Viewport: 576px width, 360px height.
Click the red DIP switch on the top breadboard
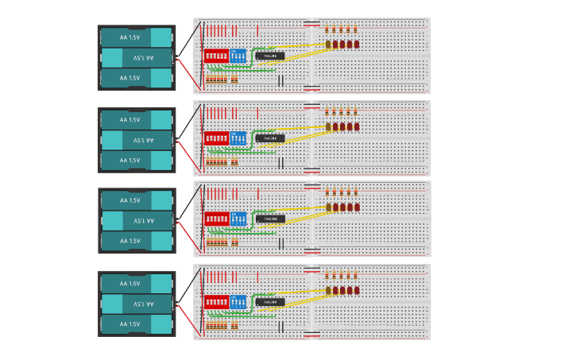216,56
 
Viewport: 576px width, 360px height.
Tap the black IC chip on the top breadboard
270,56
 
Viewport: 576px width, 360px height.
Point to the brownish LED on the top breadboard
328,45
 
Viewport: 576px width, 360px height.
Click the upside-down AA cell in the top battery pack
137,58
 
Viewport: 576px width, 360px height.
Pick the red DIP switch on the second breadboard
216,138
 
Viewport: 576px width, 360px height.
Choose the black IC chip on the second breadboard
270,138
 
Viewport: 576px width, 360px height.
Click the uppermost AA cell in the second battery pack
137,120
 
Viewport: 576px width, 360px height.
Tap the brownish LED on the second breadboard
328,127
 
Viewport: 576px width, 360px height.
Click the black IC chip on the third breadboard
270,219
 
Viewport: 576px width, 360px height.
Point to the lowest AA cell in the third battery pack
137,241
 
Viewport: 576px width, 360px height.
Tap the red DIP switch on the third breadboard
216,219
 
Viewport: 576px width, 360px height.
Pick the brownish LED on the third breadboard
328,207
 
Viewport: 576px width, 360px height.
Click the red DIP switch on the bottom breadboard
216,302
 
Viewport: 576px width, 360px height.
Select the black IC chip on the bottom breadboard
270,302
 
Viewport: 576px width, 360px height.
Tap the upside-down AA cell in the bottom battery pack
137,304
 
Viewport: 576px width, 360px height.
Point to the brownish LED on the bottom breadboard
328,291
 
